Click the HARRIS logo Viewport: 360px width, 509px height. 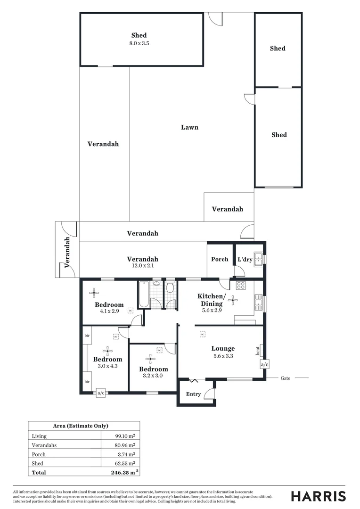(x=318, y=496)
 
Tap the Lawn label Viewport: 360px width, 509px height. (x=190, y=127)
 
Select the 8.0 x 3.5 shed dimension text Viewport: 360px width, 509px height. (x=139, y=43)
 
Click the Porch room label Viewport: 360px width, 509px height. (x=220, y=259)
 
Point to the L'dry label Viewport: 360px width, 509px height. (x=245, y=260)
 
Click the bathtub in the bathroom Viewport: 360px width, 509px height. (x=143, y=295)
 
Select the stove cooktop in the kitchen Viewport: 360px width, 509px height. (x=240, y=285)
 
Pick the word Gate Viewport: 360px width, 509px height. (x=286, y=378)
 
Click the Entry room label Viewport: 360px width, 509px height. (x=194, y=394)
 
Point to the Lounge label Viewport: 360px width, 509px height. (x=223, y=349)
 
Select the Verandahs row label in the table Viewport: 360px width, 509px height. (x=42, y=445)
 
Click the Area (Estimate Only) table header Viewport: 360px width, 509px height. (x=84, y=426)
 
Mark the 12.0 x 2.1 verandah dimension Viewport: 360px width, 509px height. (x=142, y=265)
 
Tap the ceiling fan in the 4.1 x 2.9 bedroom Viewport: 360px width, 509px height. (x=94, y=292)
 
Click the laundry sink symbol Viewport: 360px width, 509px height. (x=258, y=260)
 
